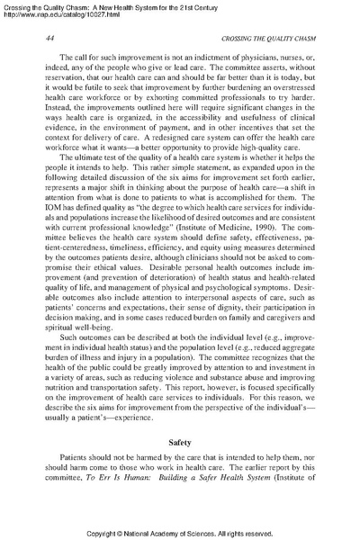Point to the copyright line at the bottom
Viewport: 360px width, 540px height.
180,531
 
